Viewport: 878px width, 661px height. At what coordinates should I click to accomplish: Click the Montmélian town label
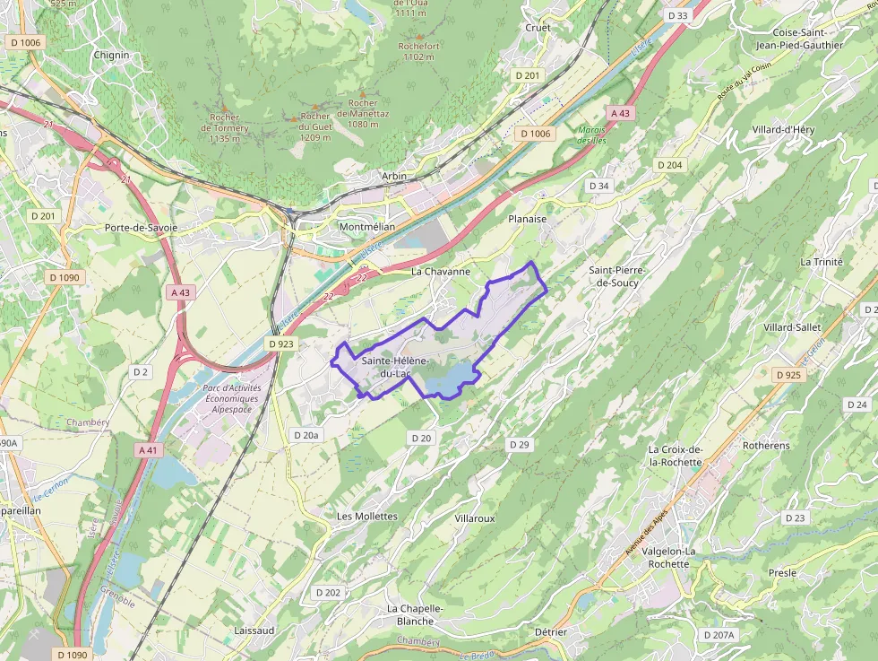coord(366,227)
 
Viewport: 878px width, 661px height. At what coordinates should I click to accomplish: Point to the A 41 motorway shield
coord(150,448)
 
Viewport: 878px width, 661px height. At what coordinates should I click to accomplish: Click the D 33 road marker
coord(677,15)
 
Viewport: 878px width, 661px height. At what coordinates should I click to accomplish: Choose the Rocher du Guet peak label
coord(314,126)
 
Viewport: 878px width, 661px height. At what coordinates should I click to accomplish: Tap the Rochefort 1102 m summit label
coord(418,51)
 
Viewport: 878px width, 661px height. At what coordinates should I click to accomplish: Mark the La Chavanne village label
coord(440,271)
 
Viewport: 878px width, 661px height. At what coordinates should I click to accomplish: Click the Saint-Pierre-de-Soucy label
coord(616,275)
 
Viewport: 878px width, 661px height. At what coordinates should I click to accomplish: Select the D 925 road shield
coord(788,375)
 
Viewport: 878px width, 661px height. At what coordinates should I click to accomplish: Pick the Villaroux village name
coord(475,518)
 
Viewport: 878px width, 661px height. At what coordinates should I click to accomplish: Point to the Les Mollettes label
coord(366,516)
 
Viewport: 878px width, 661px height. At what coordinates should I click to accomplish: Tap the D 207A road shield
coord(719,635)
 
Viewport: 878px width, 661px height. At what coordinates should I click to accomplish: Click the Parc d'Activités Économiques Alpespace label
coord(219,398)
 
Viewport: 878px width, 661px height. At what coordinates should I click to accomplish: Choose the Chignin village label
coord(111,55)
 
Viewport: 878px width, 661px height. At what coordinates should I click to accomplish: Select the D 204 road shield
coord(669,165)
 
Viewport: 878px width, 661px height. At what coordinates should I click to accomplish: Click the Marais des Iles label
coord(591,135)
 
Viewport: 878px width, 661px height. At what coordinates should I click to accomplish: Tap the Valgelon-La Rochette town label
coord(669,557)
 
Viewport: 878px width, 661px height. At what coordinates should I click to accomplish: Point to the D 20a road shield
coord(306,435)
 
